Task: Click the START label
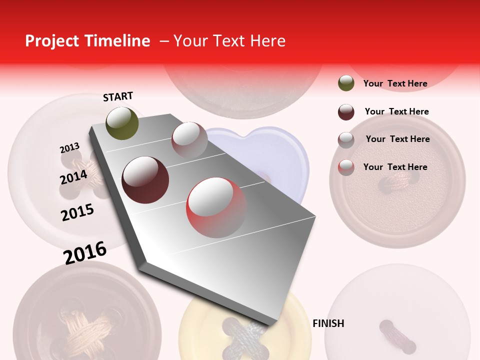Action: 118,96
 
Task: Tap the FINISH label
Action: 328,323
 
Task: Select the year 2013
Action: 69,148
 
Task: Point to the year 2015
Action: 77,212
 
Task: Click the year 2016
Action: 85,252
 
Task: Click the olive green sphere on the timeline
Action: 122,123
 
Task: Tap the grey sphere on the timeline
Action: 189,139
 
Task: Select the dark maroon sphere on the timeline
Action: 145,180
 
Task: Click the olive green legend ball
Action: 346,83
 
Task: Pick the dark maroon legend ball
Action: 346,112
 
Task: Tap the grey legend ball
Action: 346,140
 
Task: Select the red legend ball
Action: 346,167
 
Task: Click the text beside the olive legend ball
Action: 395,83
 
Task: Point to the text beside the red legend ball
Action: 395,167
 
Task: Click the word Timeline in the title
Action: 118,41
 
